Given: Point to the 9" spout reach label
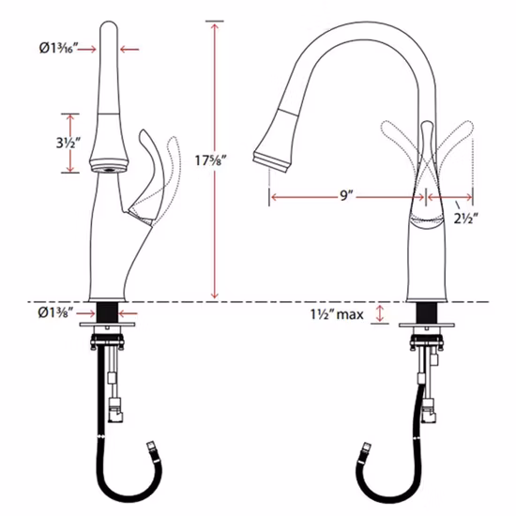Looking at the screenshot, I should pyautogui.click(x=346, y=196).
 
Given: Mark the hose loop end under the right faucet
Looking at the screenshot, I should pyautogui.click(x=362, y=450).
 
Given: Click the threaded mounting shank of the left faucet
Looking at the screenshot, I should pyautogui.click(x=109, y=312).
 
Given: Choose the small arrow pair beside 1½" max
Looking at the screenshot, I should pyautogui.click(x=380, y=313).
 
